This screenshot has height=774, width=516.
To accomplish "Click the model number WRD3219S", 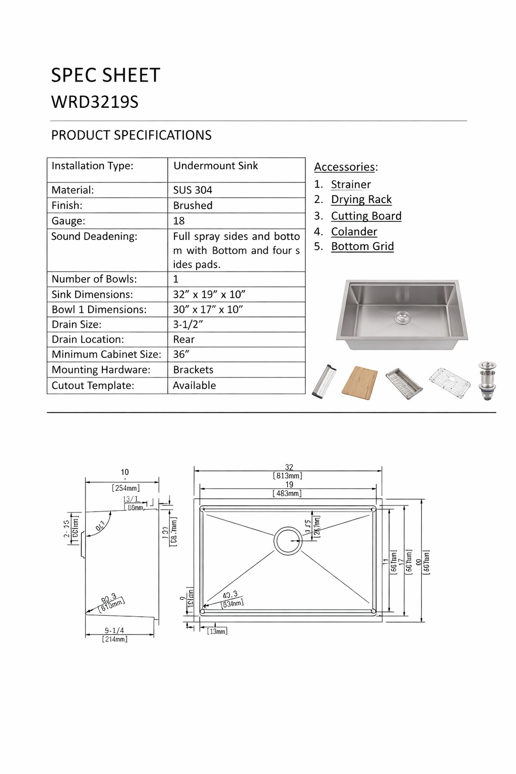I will coord(95,102).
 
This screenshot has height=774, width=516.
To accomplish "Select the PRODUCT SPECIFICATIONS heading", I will coord(131,135).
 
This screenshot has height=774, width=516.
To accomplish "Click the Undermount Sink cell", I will coord(215,166).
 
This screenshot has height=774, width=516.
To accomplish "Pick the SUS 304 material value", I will coord(192,190).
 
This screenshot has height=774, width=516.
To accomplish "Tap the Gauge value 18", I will coord(179,221).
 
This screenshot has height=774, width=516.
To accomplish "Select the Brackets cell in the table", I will coord(193,369).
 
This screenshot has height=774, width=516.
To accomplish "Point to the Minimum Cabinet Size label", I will coord(106,354).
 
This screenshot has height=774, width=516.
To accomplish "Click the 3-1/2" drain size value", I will coord(188,325).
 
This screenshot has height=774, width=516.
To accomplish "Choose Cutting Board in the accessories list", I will coord(366,216).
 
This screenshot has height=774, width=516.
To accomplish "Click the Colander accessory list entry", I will coord(354,231).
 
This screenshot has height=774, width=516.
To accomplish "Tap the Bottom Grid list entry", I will coord(362,246).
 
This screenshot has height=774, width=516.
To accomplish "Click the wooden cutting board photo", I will coord(360,382).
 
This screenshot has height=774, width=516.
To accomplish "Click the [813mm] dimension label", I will coord(288,476).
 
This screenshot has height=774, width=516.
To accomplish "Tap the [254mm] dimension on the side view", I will coord(125,488).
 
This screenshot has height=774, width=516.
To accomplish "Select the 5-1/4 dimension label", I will coord(114,630).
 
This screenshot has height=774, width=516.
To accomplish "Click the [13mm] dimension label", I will coord(217,631).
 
